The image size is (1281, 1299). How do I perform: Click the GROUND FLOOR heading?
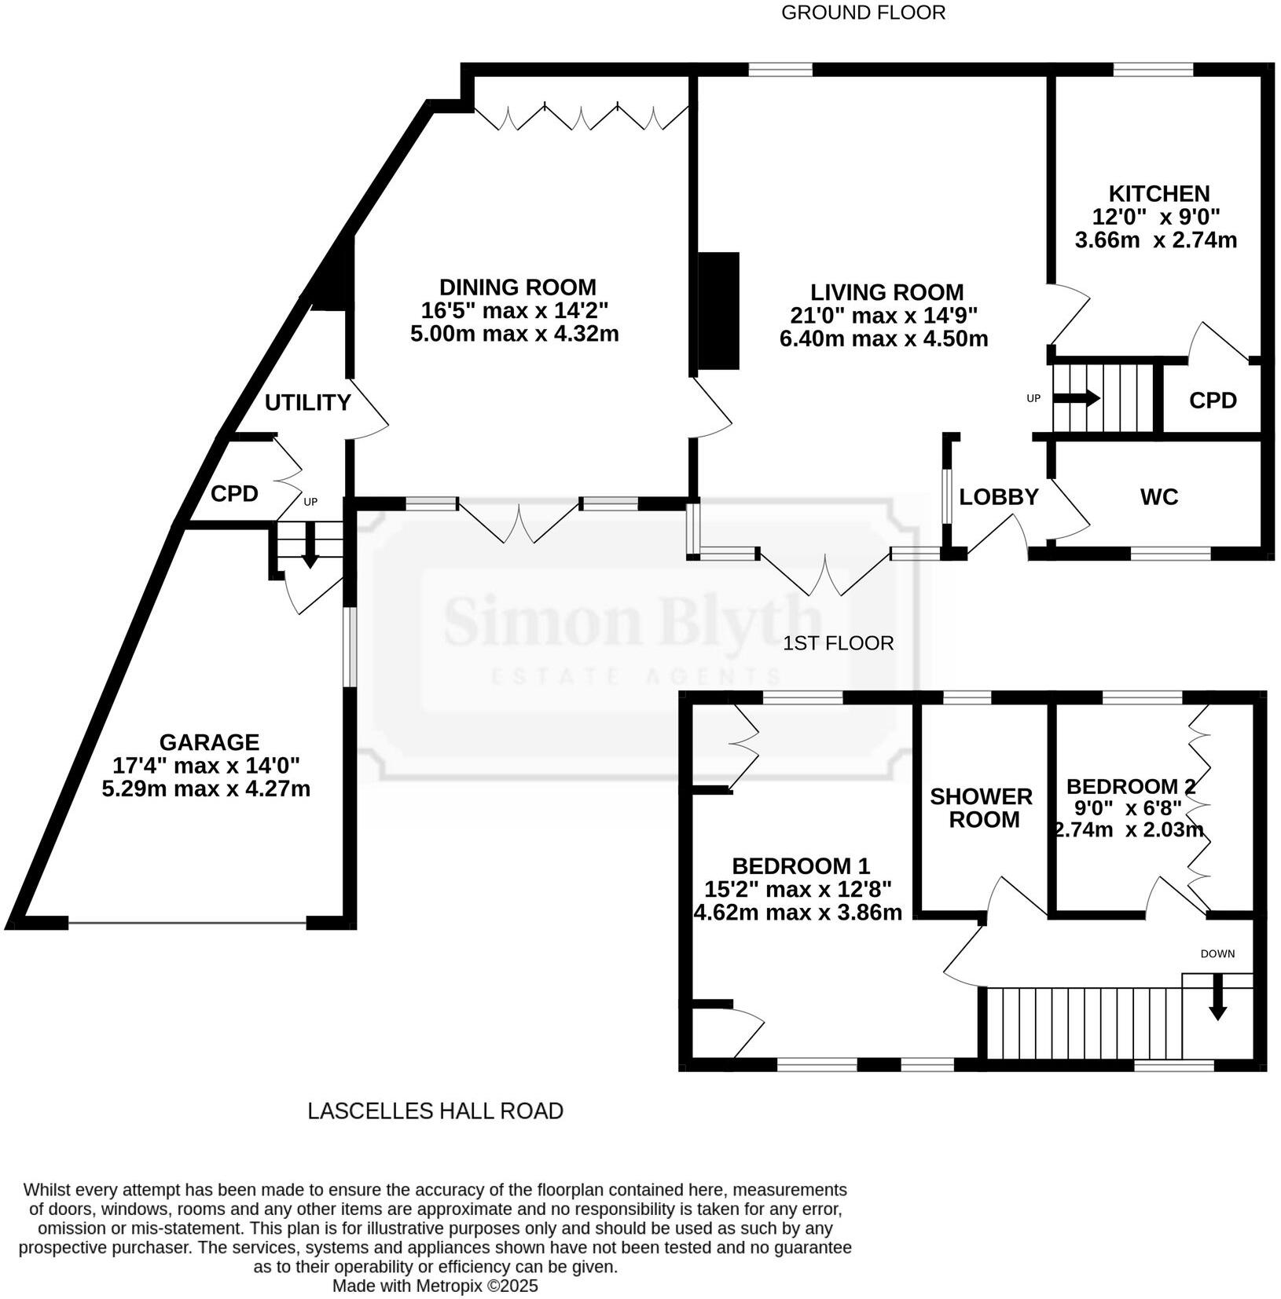point(862,13)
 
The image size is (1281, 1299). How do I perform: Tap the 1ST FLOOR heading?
point(838,643)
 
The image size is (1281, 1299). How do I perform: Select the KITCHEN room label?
point(1158,193)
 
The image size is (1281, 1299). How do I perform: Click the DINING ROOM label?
point(517,287)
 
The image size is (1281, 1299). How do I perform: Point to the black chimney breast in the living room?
point(718,310)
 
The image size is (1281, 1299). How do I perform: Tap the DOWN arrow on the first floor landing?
point(1217,997)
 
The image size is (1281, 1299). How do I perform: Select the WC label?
point(1159,496)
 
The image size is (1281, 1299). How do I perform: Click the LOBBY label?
point(998,496)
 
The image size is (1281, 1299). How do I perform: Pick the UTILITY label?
point(307,402)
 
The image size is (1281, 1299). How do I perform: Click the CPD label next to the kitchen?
point(1213,401)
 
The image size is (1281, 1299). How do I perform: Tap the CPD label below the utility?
point(234,494)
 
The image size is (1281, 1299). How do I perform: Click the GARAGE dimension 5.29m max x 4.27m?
point(206,788)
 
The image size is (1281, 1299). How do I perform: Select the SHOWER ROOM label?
point(982,807)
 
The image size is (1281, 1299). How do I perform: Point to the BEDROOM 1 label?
point(800,866)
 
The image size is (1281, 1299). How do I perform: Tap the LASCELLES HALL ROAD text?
point(435,1111)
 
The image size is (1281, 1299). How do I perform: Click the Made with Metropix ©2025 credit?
point(435,1286)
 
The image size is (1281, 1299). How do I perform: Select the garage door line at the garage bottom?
point(187,923)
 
